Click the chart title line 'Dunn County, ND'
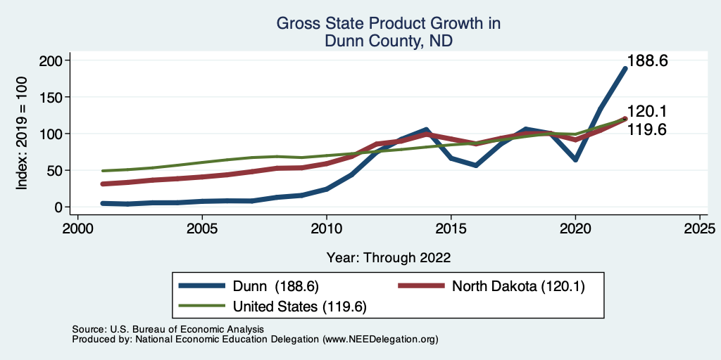pyautogui.click(x=388, y=41)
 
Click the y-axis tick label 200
pyautogui.click(x=51, y=60)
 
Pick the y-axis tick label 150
pyautogui.click(x=51, y=97)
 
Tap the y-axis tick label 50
pyautogui.click(x=55, y=170)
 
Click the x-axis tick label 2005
pyautogui.click(x=202, y=229)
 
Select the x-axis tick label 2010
pyautogui.click(x=327, y=229)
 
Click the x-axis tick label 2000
pyautogui.click(x=77, y=229)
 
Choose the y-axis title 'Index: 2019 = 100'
pyautogui.click(x=22, y=134)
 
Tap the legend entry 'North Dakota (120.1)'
pyautogui.click(x=518, y=286)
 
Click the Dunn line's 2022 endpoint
pyautogui.click(x=625, y=68)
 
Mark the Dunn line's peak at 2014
pyautogui.click(x=426, y=130)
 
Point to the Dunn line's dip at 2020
pyautogui.click(x=575, y=160)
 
